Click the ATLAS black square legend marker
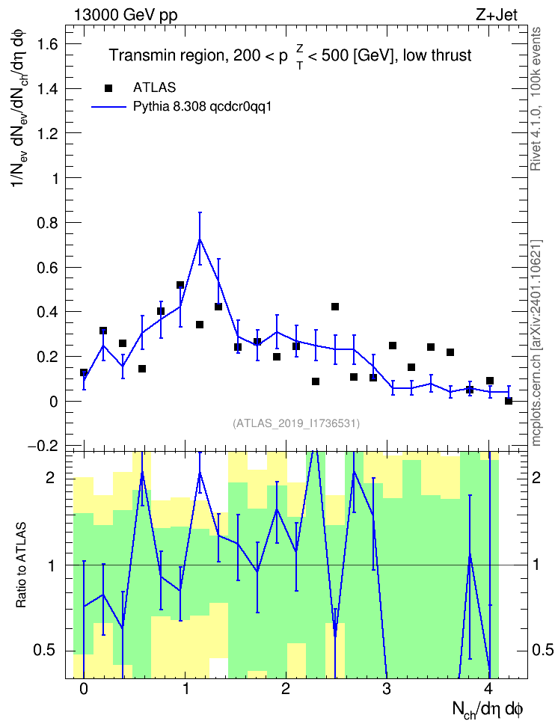pos(108,88)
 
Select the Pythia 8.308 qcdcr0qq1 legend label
pos(202,107)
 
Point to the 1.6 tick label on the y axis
pos(48,45)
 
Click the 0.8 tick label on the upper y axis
pos(48,223)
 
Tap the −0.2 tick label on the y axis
pos(43,446)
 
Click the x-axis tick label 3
pos(387,689)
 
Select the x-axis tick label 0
pos(84,689)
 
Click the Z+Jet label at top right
pos(497,15)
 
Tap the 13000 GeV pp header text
pos(126,16)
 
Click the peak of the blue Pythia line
pos(200,239)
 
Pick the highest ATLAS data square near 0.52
pos(180,285)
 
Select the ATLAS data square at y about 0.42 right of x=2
pos(335,307)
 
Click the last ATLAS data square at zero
pos(509,401)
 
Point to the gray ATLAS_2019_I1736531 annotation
pos(296,423)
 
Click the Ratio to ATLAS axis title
pos(21,565)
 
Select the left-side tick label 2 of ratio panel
pos(50,477)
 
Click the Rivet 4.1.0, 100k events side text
pos(536,99)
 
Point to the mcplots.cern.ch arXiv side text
pos(536,343)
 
